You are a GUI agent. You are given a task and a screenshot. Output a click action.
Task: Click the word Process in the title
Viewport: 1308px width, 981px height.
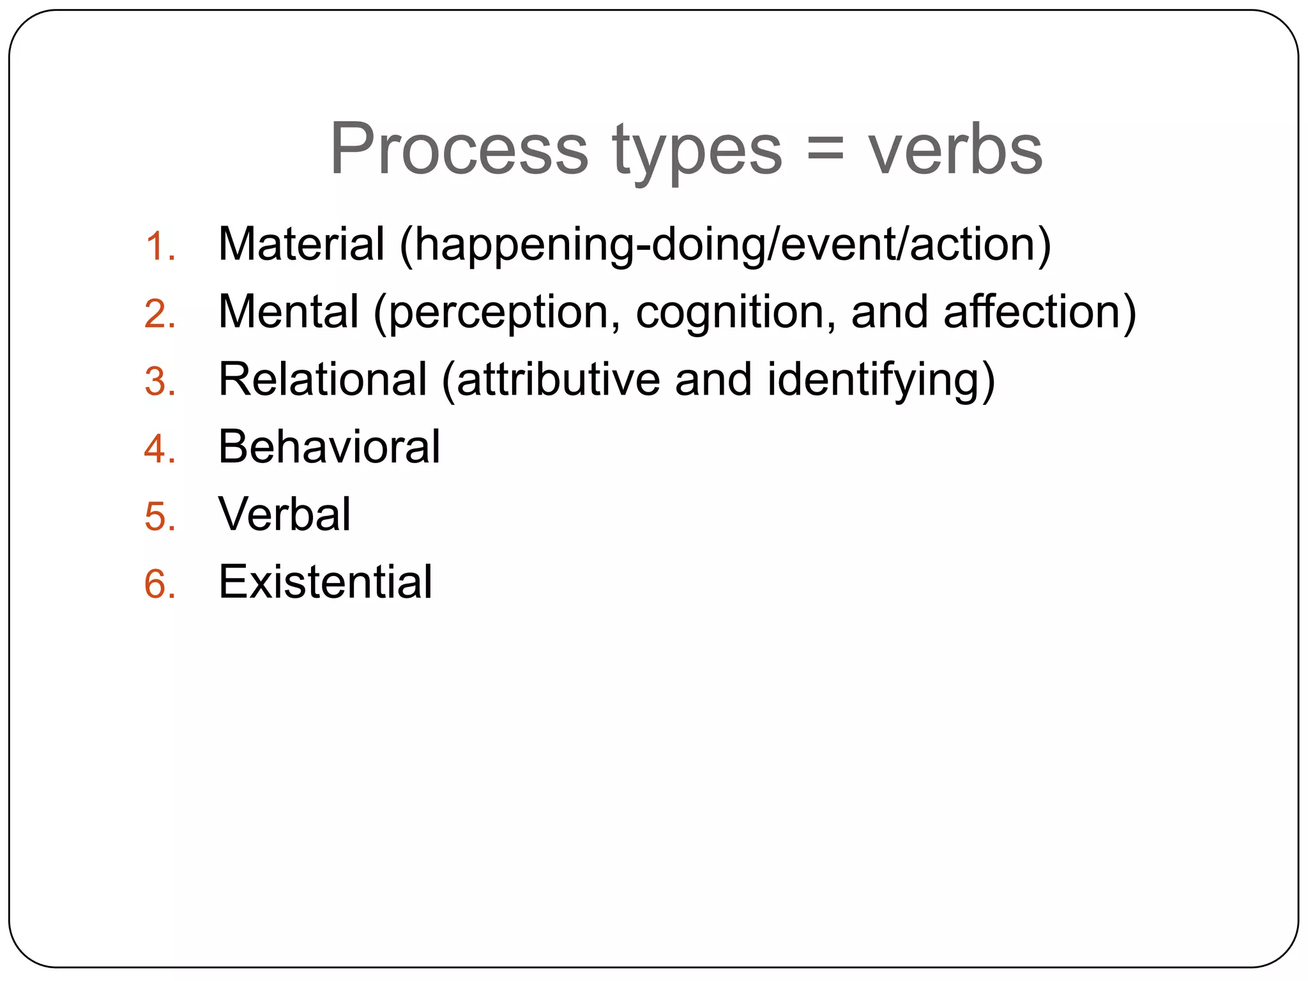tap(459, 149)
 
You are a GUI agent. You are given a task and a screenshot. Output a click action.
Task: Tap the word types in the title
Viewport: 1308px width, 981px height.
tap(697, 153)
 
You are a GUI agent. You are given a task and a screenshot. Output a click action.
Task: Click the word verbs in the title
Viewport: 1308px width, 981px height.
tap(955, 149)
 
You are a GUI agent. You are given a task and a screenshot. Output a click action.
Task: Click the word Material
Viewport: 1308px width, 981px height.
tap(301, 244)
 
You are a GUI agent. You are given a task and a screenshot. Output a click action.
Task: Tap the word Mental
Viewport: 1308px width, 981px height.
tap(288, 312)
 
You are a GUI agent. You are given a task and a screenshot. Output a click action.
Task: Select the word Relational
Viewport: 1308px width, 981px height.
tap(323, 379)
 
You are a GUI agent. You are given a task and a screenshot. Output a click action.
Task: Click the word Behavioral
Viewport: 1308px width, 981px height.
tap(329, 446)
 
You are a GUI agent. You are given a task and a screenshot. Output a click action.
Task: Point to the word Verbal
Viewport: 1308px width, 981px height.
tap(284, 514)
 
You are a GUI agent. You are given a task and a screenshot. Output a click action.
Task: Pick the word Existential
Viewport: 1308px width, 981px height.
tap(325, 582)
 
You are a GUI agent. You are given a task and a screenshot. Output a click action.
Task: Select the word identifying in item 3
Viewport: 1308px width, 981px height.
tap(881, 381)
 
